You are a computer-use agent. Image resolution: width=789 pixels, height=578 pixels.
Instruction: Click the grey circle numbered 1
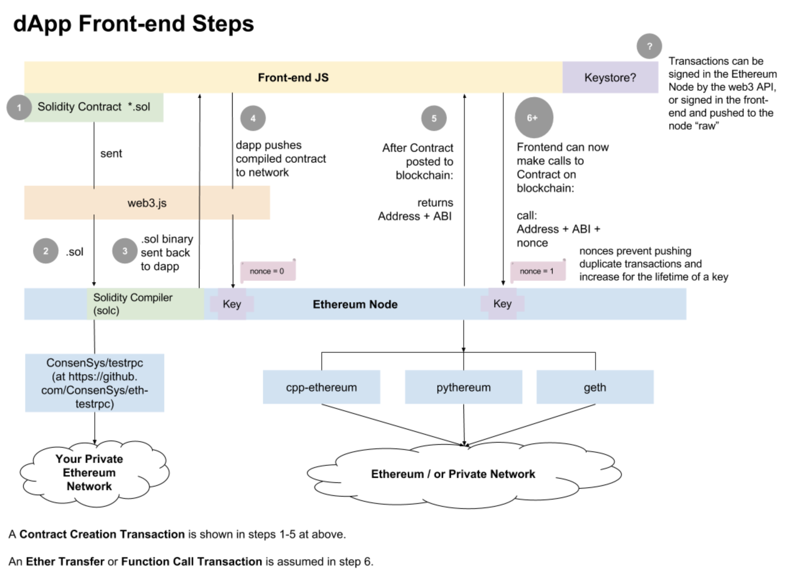19,107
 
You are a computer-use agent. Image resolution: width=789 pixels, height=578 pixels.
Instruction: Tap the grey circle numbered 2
46,251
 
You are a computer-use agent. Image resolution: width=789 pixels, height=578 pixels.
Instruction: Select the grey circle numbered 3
125,251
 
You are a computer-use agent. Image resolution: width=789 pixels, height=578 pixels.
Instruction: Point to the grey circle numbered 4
253,118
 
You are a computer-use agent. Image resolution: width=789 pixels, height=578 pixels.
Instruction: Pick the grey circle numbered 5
434,118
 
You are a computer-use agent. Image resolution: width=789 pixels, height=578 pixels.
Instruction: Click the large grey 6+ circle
534,117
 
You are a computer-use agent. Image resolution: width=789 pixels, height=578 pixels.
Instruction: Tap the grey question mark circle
649,46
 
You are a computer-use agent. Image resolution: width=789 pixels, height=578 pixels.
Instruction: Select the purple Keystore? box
610,77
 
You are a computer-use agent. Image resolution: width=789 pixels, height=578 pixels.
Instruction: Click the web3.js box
147,203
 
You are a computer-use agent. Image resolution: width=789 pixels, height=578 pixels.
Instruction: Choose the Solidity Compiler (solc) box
146,304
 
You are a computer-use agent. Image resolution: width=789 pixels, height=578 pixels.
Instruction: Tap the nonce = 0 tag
268,270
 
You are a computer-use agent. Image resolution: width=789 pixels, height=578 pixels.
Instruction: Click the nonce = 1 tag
538,270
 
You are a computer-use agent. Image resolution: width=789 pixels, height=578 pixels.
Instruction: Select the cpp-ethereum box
321,387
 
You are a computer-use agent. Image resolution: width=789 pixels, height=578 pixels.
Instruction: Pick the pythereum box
463,387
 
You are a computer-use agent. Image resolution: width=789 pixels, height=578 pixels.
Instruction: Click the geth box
595,387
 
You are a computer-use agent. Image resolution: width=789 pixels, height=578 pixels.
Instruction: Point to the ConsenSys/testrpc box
94,383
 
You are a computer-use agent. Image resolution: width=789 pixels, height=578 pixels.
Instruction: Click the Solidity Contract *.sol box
94,107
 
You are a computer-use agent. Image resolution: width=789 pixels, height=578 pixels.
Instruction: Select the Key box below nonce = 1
502,304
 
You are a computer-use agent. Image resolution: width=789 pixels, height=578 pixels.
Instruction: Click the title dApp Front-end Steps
134,24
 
